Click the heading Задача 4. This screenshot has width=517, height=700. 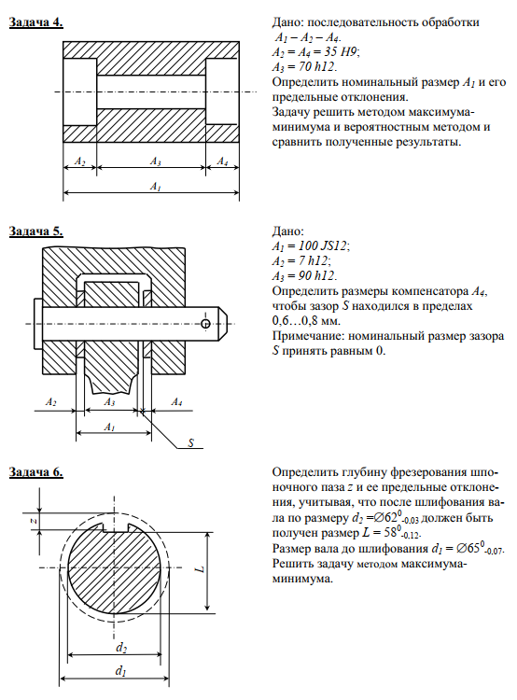coord(36,22)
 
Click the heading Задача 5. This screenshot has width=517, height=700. coord(36,231)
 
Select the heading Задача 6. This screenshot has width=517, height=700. coord(36,472)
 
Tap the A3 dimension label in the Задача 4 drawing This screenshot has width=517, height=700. coord(155,161)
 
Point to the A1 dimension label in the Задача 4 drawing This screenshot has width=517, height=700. coord(155,186)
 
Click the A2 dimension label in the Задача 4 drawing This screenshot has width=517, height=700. coord(80,161)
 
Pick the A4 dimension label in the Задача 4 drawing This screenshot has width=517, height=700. coord(222,161)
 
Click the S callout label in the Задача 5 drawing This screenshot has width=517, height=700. coord(190,442)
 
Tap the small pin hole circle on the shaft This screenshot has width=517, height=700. coord(205,324)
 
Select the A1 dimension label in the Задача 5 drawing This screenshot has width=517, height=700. coord(110,427)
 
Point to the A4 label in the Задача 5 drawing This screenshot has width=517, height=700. coord(176,402)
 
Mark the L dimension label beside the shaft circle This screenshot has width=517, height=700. coord(201,568)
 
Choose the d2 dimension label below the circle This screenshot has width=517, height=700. coord(121,648)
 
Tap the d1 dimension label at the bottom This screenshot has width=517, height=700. coord(120,670)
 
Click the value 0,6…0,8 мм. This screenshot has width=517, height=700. coord(306,321)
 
